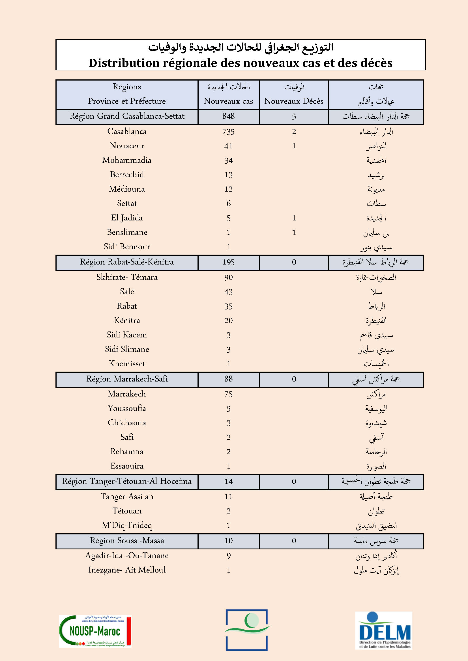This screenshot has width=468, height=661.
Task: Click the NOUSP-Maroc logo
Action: [x=95, y=631]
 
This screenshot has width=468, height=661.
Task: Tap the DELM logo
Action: [x=384, y=630]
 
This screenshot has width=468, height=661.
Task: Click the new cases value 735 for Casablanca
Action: [x=228, y=132]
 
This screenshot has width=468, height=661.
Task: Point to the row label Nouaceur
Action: [x=127, y=146]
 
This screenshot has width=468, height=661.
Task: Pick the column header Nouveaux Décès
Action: [x=294, y=101]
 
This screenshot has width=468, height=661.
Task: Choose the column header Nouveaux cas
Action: [x=228, y=101]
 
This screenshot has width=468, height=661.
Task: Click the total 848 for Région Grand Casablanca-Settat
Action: [x=228, y=116]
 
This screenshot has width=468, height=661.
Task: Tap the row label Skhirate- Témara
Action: [x=127, y=277]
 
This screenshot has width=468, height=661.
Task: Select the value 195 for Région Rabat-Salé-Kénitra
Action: [x=228, y=262]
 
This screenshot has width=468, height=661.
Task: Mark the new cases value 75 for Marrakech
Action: [x=228, y=394]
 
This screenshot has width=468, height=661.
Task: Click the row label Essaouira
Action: [x=127, y=466]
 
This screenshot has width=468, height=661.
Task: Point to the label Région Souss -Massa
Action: [x=127, y=540]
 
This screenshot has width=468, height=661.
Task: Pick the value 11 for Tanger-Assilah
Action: [x=228, y=496]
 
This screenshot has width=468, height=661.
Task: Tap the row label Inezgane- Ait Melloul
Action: [x=127, y=570]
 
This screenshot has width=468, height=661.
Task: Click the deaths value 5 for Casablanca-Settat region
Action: [x=294, y=117]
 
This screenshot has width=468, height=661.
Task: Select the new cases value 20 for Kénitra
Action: [x=228, y=320]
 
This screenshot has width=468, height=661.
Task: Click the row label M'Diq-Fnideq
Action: [x=127, y=525]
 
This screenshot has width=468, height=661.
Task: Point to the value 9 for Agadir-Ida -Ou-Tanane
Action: [x=228, y=556]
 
